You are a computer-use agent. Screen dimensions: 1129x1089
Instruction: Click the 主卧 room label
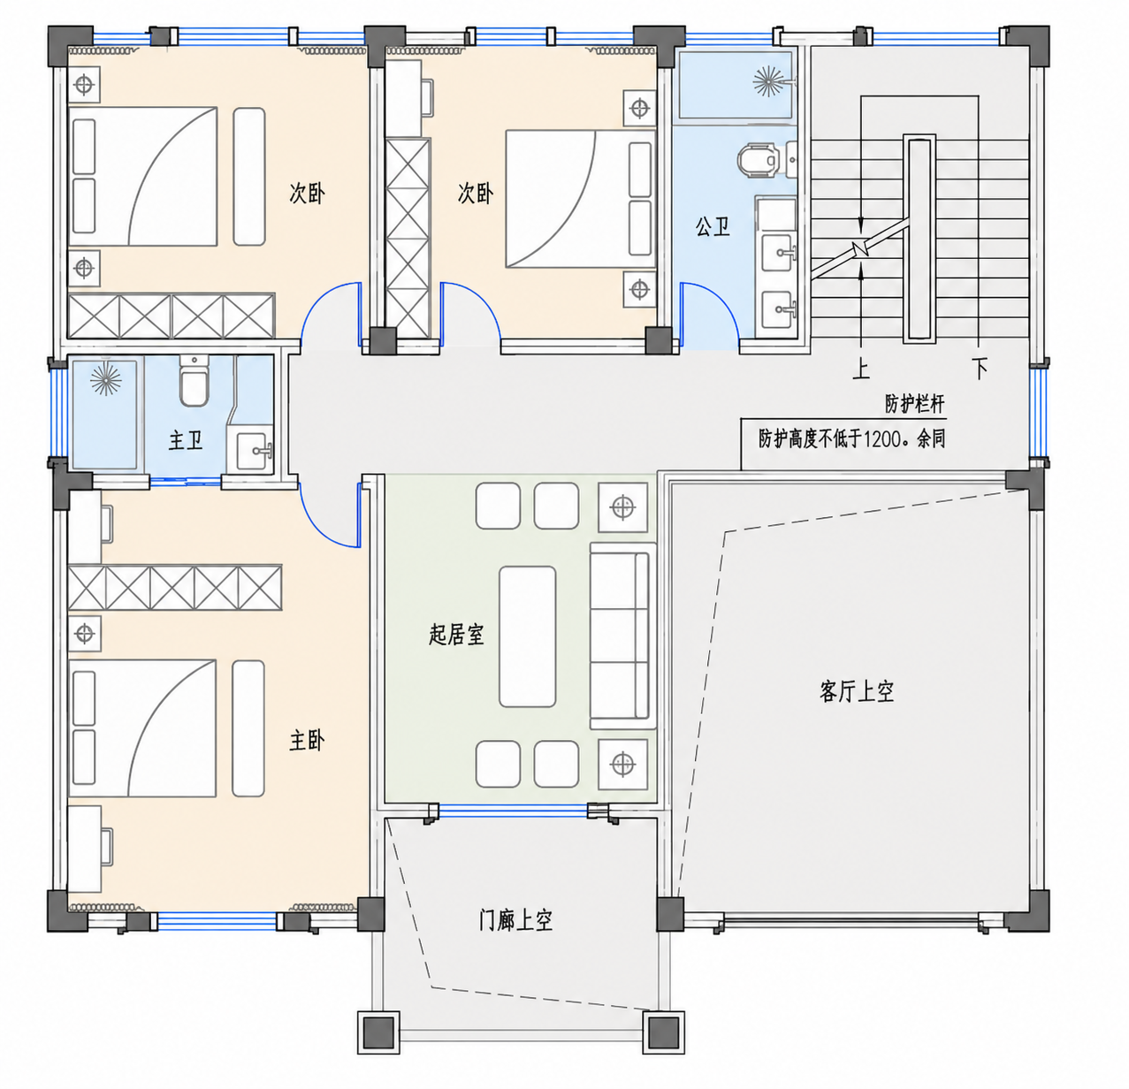[x=307, y=741]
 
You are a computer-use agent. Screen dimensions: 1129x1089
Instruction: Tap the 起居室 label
[x=456, y=635]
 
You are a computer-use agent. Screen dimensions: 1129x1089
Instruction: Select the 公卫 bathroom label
[x=713, y=226]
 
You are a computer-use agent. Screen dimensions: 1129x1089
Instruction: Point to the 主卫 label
[x=186, y=440]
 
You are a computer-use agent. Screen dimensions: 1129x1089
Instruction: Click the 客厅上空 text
[x=857, y=691]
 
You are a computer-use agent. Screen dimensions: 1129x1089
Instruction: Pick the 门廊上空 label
[x=515, y=920]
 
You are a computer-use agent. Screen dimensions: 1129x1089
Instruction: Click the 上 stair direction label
[x=861, y=368]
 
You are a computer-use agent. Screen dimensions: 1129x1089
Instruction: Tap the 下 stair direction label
[x=980, y=368]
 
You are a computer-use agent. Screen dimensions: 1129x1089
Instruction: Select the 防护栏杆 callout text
[x=915, y=404]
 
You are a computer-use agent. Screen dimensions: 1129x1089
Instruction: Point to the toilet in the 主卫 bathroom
[x=194, y=381]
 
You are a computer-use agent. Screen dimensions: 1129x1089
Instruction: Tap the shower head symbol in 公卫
[x=768, y=81]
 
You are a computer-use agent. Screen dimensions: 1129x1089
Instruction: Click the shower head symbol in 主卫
[x=105, y=380]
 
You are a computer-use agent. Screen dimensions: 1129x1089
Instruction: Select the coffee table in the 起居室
[x=527, y=636]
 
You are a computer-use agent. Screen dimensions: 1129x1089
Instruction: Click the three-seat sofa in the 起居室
[x=622, y=636]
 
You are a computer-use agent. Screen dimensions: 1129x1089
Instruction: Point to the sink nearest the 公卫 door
[x=779, y=309]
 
